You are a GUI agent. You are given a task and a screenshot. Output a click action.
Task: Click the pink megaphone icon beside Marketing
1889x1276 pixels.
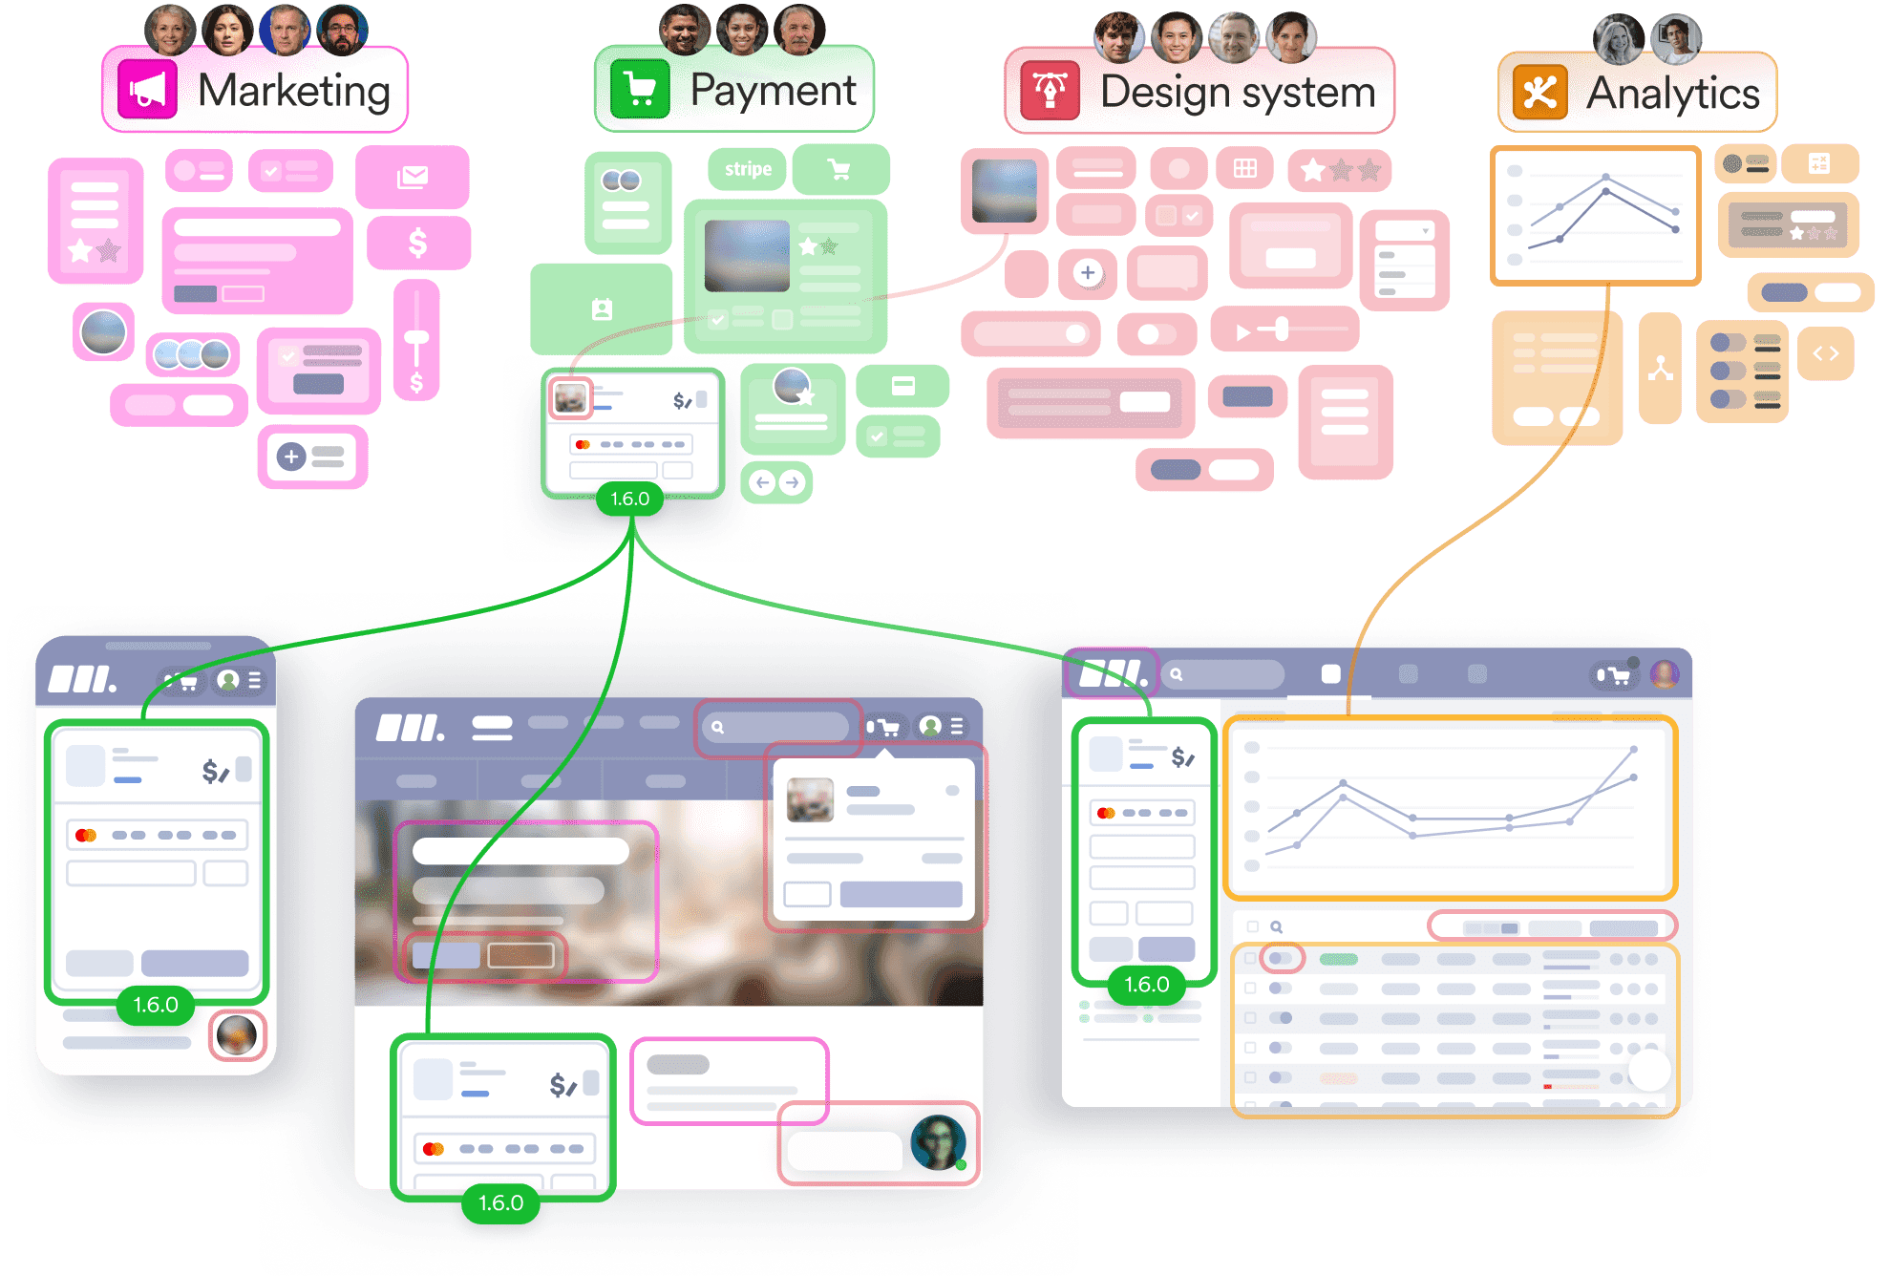click(x=147, y=90)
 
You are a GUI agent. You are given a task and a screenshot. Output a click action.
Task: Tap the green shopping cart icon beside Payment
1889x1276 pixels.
click(x=640, y=90)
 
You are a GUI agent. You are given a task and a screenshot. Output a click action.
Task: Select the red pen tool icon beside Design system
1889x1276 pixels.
click(x=1051, y=91)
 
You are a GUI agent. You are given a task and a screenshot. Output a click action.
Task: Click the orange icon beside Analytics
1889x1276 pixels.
click(x=1540, y=93)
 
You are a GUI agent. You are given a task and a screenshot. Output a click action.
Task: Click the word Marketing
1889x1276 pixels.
click(x=294, y=91)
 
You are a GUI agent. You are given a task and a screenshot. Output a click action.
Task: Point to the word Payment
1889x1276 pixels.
click(x=773, y=91)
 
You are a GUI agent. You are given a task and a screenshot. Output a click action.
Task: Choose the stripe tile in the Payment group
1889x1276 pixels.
click(x=748, y=169)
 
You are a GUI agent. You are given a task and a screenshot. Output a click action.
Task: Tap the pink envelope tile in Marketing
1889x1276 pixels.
click(x=413, y=177)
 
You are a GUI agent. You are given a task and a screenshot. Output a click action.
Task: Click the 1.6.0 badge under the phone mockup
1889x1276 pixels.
click(x=156, y=1005)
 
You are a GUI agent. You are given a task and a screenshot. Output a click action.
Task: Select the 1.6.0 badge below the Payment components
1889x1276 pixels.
click(x=629, y=499)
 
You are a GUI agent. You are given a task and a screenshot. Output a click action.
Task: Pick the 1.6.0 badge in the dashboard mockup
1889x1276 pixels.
click(x=1147, y=985)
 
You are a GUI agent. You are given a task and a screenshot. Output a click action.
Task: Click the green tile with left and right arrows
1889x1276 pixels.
click(x=776, y=482)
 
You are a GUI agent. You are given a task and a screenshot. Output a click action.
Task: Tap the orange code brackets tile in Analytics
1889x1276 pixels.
click(x=1825, y=353)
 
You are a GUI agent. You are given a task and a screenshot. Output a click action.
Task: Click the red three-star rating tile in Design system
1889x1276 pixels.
click(x=1340, y=170)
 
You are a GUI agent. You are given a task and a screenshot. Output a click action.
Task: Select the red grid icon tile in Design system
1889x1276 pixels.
click(x=1245, y=168)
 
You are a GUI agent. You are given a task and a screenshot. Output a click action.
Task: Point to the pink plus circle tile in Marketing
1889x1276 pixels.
click(x=312, y=457)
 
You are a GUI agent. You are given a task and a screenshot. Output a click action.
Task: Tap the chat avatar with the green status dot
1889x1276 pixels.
click(x=938, y=1142)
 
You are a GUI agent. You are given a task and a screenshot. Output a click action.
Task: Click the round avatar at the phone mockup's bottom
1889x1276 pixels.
click(x=237, y=1035)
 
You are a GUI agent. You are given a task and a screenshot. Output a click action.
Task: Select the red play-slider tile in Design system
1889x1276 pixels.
click(x=1284, y=330)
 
